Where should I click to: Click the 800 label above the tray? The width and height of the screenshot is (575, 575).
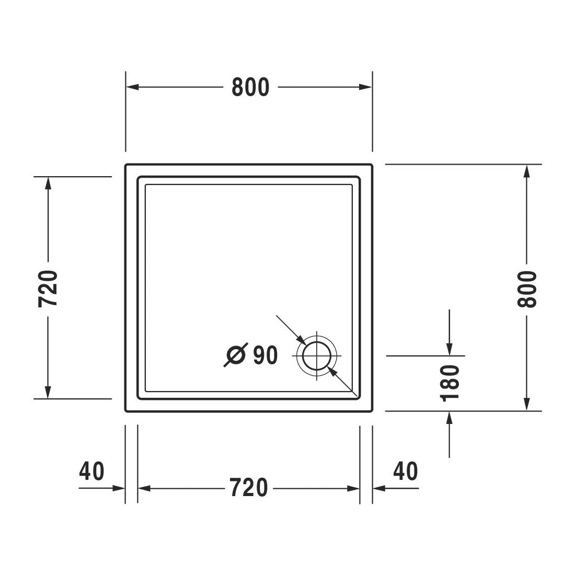click(250, 87)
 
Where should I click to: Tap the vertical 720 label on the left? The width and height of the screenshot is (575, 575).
click(48, 289)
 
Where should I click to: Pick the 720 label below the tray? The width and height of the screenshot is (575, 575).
click(249, 488)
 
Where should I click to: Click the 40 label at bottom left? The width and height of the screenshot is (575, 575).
click(92, 471)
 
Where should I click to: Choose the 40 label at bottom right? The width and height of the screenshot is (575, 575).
click(406, 471)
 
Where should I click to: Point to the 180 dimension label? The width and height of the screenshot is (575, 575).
click(450, 383)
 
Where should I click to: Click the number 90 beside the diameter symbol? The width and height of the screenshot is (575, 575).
click(265, 355)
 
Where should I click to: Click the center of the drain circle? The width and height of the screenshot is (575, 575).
click(317, 355)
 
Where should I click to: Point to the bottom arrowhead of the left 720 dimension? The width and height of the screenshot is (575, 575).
click(48, 392)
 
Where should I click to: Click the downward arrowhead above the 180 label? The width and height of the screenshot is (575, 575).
click(450, 349)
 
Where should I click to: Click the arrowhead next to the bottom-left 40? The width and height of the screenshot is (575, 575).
click(119, 488)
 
